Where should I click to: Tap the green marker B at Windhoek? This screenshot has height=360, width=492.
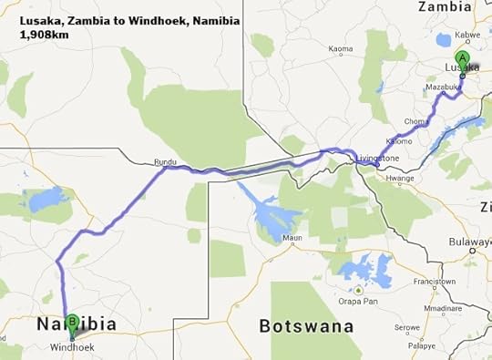tap(73, 323)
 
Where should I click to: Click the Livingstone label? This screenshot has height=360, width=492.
tap(377, 158)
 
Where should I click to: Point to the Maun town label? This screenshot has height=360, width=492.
tap(292, 239)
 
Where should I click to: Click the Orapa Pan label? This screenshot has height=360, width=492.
tap(358, 303)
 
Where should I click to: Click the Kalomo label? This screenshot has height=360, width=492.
tap(398, 141)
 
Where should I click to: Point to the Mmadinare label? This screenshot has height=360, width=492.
tap(460, 307)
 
